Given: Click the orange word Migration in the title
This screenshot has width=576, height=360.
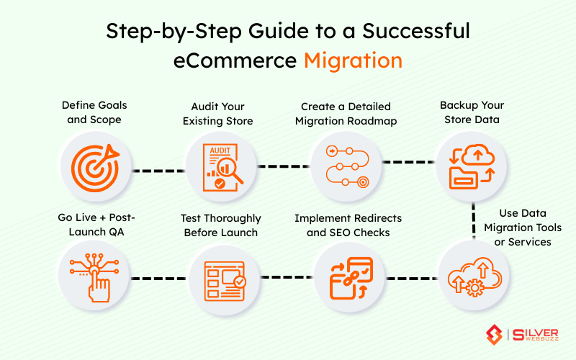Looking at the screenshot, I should click(353, 59).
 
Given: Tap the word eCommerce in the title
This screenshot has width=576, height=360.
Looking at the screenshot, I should click(235, 59).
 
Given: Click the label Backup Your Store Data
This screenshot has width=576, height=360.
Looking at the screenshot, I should click(471, 112).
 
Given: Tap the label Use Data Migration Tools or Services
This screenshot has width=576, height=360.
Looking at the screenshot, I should click(528, 227).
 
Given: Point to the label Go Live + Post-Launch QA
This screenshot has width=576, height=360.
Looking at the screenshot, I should click(96, 225).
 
